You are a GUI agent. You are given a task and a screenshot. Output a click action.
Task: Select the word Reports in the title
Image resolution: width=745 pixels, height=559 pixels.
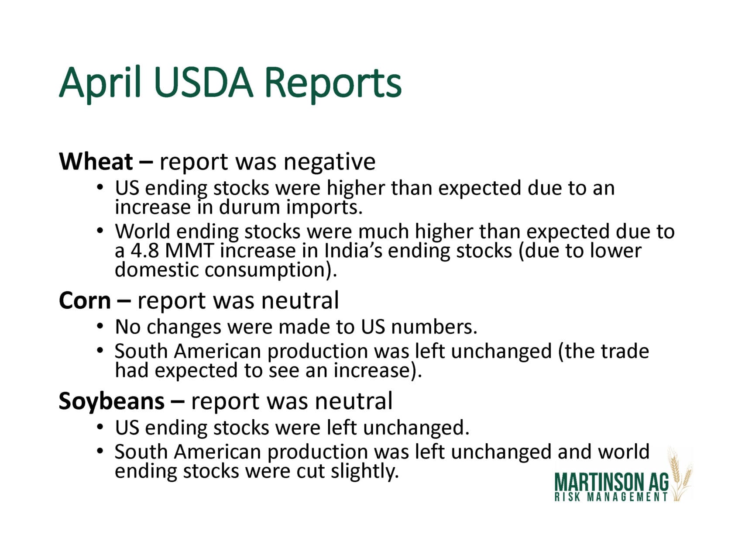[333, 83]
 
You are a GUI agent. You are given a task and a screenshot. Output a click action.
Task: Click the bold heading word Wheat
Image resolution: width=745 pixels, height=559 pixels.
[96, 162]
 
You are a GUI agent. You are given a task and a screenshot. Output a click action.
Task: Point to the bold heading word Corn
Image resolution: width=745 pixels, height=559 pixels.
[85, 301]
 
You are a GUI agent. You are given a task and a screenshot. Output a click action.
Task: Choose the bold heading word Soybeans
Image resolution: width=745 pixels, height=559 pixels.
[112, 402]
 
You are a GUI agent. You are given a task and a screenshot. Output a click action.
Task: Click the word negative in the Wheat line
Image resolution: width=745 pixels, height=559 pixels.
[330, 162]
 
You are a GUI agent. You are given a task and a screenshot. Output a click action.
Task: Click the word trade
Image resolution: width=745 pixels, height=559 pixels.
[625, 351]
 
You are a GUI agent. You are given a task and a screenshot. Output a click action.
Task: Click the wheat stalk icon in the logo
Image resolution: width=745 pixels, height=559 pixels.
[680, 474]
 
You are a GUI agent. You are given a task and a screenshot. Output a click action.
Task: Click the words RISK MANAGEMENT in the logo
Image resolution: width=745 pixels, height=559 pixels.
[611, 497]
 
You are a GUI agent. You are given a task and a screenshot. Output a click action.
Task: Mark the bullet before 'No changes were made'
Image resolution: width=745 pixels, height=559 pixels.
[100, 326]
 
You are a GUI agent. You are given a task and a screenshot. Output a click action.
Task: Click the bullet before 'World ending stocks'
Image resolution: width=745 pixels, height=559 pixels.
[100, 230]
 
